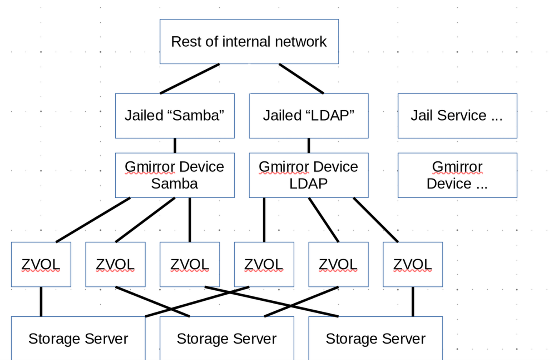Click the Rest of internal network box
[249, 41]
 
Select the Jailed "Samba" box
[175, 116]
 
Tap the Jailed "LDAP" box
[309, 116]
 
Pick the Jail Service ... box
[457, 116]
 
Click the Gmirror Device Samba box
[175, 175]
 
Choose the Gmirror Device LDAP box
[309, 175]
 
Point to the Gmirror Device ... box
[457, 175]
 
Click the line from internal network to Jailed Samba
[190, 78]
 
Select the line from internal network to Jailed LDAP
[301, 78]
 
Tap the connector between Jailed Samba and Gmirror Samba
[175, 145]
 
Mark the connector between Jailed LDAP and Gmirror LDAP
[309, 145]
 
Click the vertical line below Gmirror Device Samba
[190, 219]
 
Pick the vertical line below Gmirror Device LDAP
[264, 219]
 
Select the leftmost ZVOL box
[41, 264]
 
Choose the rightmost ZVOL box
[413, 264]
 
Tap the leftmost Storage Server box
[78, 338]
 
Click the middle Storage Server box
[227, 338]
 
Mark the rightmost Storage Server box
[376, 338]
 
